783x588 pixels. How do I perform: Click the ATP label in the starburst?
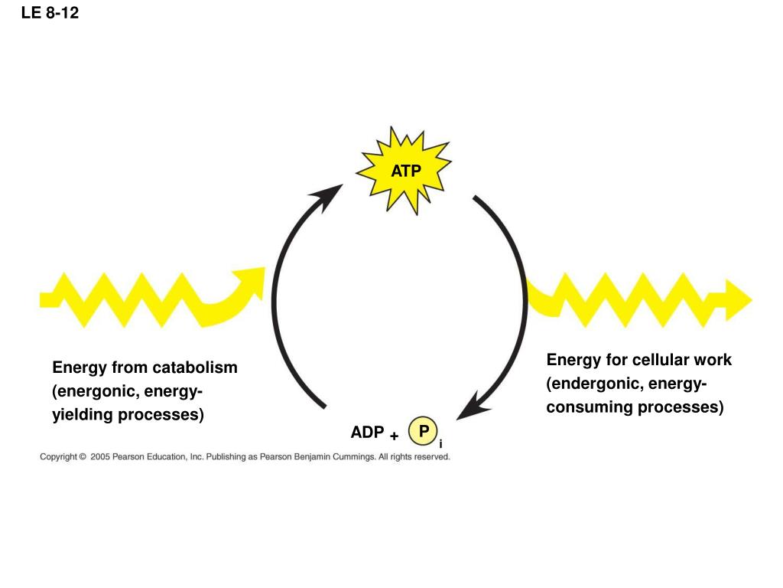(406, 171)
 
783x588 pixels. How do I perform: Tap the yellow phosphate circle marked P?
(423, 431)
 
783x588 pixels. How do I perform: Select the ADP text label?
(368, 432)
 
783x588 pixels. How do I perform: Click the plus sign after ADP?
(395, 436)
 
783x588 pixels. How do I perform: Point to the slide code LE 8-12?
(50, 12)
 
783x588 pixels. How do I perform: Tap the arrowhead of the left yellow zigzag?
(250, 281)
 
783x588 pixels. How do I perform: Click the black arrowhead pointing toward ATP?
(328, 196)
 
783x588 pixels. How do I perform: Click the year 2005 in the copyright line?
(100, 456)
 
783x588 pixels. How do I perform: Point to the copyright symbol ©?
(83, 456)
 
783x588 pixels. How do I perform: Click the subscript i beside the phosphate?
(440, 444)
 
